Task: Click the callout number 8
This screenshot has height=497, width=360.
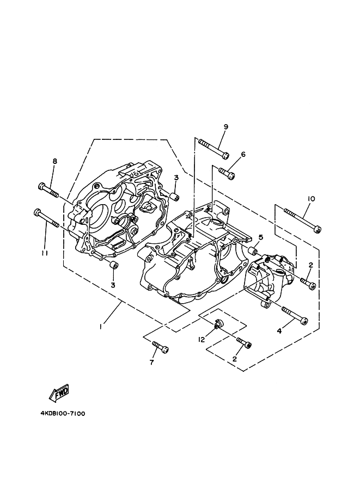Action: [x=54, y=161]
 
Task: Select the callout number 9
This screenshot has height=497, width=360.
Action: [x=225, y=127]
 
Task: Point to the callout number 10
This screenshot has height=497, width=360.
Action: [x=311, y=199]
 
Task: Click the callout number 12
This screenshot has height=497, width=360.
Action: [x=201, y=340]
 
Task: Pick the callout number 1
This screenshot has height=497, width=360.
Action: [x=101, y=327]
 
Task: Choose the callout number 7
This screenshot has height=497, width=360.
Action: [x=152, y=362]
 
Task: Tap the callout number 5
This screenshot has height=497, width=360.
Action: [x=260, y=237]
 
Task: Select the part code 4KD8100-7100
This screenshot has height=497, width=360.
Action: [x=63, y=413]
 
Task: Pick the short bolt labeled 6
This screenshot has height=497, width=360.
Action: [x=227, y=174]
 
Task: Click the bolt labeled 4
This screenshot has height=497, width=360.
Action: [x=295, y=314]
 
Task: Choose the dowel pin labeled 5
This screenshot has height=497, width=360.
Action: [x=253, y=251]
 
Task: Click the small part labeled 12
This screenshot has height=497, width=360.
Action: [x=218, y=325]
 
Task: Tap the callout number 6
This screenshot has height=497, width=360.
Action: [x=243, y=154]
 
